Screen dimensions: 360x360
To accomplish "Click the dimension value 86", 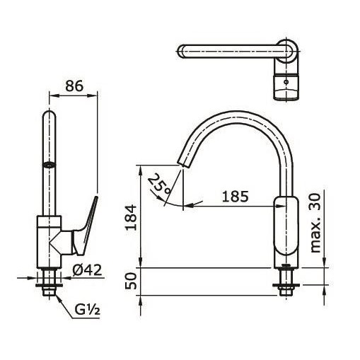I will pos(73,86).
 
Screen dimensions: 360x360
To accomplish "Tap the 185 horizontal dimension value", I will pos(234,196).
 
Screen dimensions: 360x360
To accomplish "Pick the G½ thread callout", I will pos(88,309).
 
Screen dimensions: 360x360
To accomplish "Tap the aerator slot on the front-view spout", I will pos(49,164).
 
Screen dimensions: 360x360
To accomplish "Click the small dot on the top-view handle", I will pos(286,82).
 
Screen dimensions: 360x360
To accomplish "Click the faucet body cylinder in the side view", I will pos(286,230).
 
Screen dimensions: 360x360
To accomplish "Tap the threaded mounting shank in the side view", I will pos(286,281).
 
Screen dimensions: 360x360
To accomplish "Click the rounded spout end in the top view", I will pos(182,51).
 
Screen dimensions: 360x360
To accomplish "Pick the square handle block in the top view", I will pos(286,86).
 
